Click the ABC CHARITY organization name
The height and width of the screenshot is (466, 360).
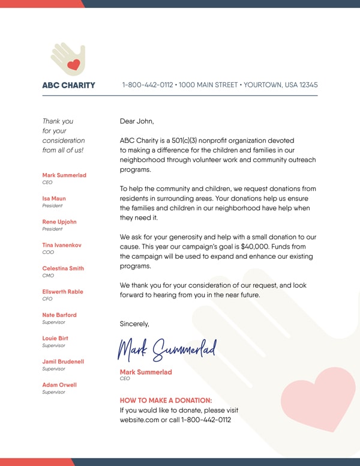tap(68, 85)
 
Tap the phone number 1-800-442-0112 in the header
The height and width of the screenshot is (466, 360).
tap(148, 85)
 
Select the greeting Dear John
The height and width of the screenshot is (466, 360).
tap(137, 121)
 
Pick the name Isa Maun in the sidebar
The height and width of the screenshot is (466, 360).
tap(54, 199)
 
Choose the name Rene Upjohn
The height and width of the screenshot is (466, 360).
tap(59, 222)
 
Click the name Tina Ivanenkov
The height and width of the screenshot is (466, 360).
tap(62, 246)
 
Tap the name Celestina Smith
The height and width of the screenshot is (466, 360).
tap(63, 268)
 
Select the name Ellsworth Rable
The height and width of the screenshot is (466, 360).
tap(62, 292)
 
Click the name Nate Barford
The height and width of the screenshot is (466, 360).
tap(59, 315)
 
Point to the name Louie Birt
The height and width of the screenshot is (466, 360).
tap(55, 339)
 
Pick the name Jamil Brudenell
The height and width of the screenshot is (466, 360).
tap(63, 362)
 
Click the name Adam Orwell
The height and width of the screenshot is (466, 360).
tap(59, 385)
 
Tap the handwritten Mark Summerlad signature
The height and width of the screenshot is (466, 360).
tap(166, 348)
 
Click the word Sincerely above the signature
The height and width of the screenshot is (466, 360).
tap(134, 324)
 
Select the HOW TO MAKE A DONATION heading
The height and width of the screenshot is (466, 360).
tap(166, 401)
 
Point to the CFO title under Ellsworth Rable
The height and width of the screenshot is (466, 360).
tap(47, 299)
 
